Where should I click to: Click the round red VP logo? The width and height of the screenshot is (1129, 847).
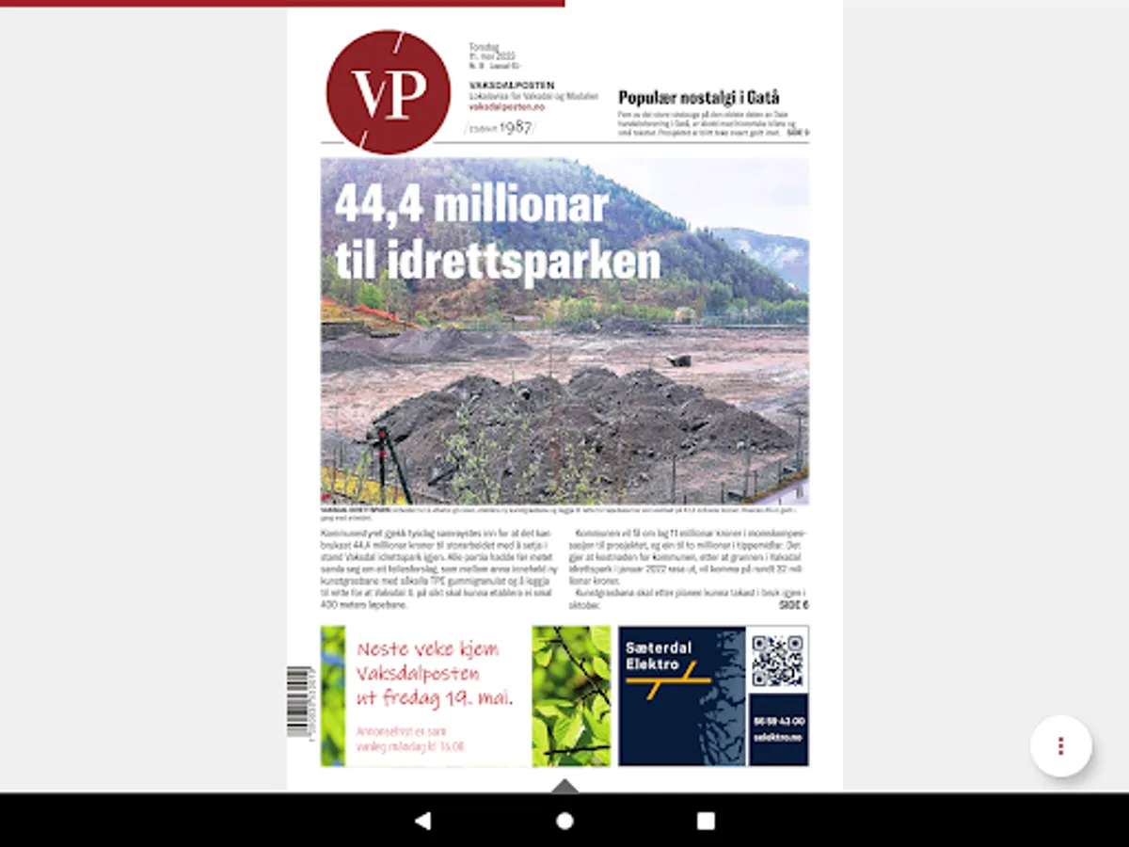point(388,92)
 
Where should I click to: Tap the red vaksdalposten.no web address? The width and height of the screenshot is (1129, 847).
point(506,107)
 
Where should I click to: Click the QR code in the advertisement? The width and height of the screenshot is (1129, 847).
point(777,661)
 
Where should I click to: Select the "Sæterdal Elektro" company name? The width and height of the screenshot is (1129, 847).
point(659,655)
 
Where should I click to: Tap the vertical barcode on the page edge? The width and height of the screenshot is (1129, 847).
point(299,701)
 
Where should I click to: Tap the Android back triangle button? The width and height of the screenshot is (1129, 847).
point(422,821)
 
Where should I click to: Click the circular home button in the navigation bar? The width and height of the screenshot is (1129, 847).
point(564,821)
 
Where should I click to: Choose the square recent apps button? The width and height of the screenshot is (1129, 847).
point(706,821)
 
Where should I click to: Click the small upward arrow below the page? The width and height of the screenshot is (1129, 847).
point(564,785)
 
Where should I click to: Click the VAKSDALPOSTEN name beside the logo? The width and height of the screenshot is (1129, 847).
point(511,86)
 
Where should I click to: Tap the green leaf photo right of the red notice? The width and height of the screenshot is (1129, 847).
point(571,695)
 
